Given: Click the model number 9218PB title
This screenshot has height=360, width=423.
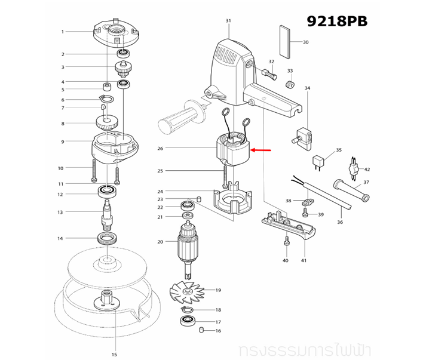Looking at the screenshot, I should pos(337,21).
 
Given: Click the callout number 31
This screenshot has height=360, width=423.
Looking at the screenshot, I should pos(228,21).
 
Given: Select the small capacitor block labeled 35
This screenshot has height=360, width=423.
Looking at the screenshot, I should pos(319,160).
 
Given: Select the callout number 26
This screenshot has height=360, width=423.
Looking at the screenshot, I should pos(160,148).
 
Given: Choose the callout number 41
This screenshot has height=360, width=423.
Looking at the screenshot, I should pos(304,260).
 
